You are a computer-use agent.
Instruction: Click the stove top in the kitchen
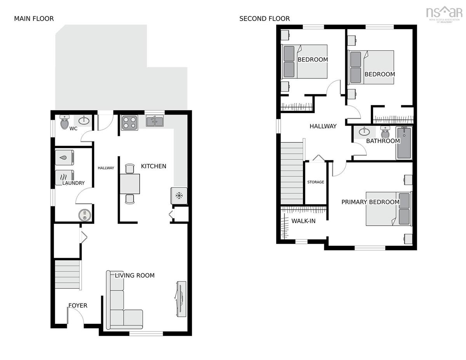(129, 123)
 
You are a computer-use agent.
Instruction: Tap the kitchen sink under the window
(155, 121)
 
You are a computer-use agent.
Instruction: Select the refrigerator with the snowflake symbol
(179, 196)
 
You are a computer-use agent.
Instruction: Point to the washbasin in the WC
(84, 121)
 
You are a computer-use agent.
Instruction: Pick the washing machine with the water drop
(64, 158)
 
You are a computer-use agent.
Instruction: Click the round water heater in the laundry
(85, 215)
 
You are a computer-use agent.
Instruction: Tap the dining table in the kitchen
(130, 184)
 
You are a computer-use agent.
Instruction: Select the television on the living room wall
(181, 299)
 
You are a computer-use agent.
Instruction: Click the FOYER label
(78, 306)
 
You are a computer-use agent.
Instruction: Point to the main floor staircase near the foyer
(68, 275)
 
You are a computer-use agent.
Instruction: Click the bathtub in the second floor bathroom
(404, 143)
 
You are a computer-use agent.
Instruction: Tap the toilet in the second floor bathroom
(385, 132)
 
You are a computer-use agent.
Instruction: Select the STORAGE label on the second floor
(315, 182)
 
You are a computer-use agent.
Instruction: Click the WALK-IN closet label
(303, 221)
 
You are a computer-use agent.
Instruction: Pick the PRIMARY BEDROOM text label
(370, 202)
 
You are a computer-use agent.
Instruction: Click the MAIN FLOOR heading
(34, 19)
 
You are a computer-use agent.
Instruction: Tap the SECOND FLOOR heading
(264, 19)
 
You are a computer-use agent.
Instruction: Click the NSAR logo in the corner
(444, 14)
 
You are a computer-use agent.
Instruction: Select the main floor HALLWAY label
(106, 168)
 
